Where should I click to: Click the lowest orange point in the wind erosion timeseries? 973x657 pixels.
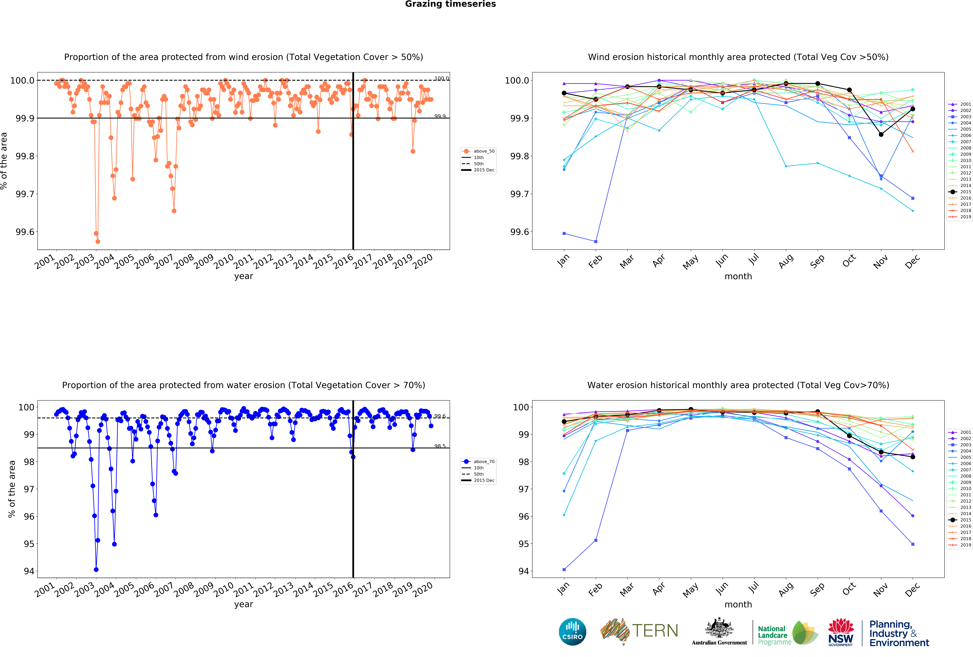[x=98, y=241]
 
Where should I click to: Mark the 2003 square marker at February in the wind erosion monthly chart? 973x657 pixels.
[x=596, y=241]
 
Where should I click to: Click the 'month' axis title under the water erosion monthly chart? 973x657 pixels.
[x=738, y=604]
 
